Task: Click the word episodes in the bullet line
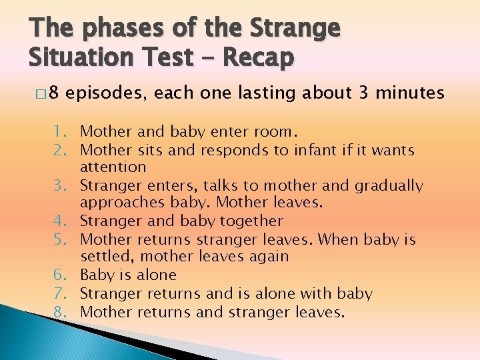(108, 93)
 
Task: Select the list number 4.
(66, 221)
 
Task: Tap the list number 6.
(66, 275)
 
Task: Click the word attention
(113, 167)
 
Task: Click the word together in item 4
(249, 221)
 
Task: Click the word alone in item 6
(156, 275)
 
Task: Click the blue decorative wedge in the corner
(40, 333)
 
